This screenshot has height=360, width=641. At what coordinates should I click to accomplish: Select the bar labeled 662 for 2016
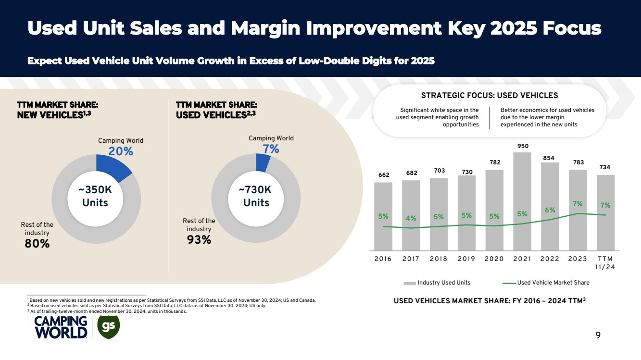[x=383, y=216]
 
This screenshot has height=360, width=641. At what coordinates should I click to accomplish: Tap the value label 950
[x=522, y=145]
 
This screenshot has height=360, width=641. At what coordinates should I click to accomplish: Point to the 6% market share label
[x=550, y=210]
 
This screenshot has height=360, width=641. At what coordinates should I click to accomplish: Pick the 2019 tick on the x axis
[x=466, y=259]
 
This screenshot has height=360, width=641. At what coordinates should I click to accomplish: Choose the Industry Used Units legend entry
[x=437, y=283]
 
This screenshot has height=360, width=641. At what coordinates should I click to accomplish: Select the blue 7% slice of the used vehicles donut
[x=263, y=163]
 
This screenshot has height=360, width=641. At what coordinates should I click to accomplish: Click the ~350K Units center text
[x=95, y=196]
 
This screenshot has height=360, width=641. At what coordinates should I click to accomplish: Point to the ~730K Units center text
[x=256, y=196]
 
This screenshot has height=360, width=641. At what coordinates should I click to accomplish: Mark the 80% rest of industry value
[x=37, y=244]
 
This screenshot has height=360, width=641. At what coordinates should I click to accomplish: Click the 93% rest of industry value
[x=199, y=239]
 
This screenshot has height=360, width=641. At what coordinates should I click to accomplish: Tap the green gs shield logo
[x=108, y=326]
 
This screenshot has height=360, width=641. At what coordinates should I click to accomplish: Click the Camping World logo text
[x=61, y=327]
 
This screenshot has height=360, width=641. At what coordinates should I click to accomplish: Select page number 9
[x=598, y=335]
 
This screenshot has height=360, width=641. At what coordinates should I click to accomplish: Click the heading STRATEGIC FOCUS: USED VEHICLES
[x=490, y=95]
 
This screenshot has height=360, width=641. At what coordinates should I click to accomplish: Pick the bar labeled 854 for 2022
[x=550, y=206]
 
